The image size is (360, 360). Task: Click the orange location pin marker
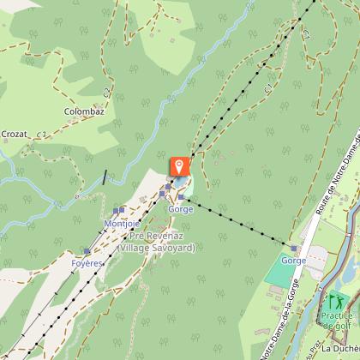(x=180, y=165)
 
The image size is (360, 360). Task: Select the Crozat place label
(x=15, y=135)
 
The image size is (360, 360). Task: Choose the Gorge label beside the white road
(x=294, y=260)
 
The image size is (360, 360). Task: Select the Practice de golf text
(x=337, y=320)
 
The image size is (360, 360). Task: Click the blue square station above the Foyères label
(x=87, y=252)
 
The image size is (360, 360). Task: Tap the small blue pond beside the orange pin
(x=187, y=185)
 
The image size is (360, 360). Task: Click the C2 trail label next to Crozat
(x=43, y=135)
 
